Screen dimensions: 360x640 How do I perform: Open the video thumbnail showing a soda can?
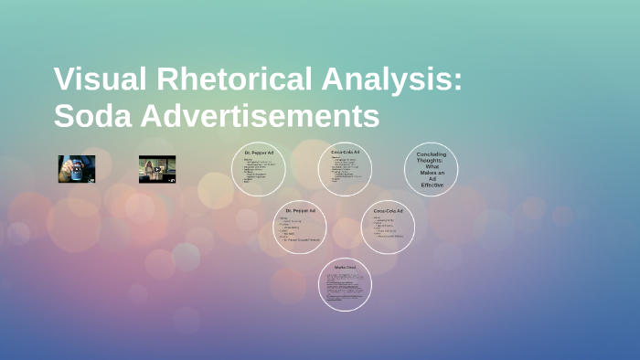(x=77, y=168)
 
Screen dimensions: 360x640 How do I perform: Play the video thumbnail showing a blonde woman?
(x=156, y=168)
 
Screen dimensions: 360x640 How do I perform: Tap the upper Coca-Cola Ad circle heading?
(x=345, y=151)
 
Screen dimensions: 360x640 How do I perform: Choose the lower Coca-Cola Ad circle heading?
(x=388, y=211)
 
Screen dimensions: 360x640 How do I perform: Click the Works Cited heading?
(x=345, y=267)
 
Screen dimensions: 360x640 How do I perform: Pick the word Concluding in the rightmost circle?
(x=432, y=154)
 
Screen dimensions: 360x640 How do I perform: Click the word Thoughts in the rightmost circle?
(x=432, y=160)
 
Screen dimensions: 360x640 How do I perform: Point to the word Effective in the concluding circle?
(x=432, y=185)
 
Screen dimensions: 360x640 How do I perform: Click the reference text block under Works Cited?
(x=345, y=285)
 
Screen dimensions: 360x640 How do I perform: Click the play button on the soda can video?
(x=77, y=169)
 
